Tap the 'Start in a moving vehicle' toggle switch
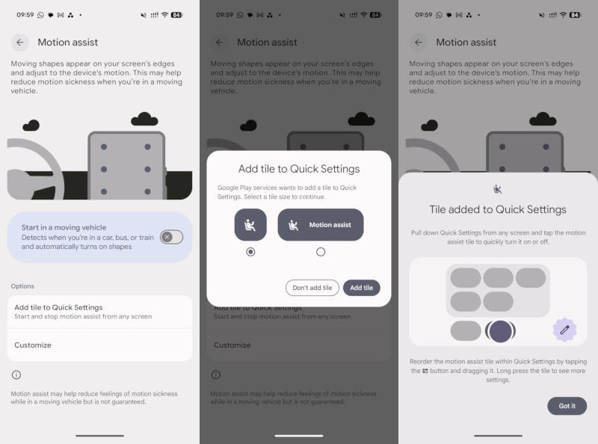(171, 237)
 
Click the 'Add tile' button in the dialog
(362, 288)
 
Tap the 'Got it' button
(567, 406)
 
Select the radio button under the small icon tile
(250, 252)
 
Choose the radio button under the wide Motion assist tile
(321, 252)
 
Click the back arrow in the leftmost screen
(20, 43)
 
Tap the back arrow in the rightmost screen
(419, 43)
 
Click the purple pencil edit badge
(564, 330)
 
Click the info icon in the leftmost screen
(16, 374)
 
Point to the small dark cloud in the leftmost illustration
(31, 125)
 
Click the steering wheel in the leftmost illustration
(34, 169)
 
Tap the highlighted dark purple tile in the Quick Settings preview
(500, 330)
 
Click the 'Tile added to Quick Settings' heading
(498, 209)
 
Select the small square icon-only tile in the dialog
(250, 225)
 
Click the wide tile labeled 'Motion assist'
(321, 225)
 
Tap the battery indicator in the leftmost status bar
(176, 15)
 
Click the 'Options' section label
(22, 286)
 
